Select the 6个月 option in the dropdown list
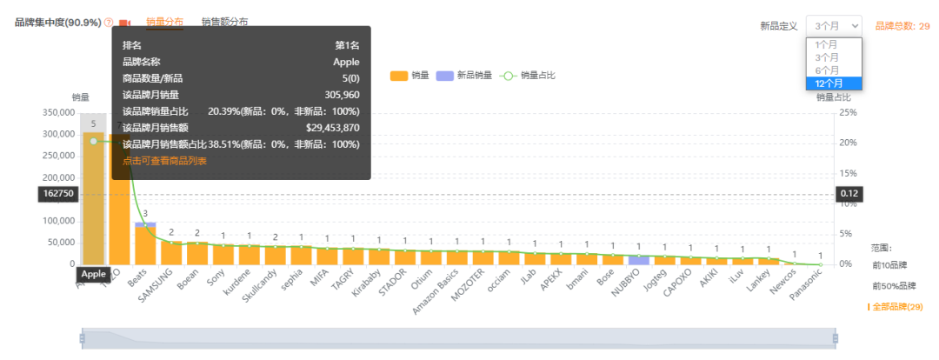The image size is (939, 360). (827, 70)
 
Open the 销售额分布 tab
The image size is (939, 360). (224, 22)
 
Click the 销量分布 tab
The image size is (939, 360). (164, 22)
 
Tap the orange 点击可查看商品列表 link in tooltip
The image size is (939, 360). (165, 161)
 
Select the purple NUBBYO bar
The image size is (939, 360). (639, 260)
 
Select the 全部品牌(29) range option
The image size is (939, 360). (896, 307)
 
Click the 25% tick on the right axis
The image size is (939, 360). (847, 113)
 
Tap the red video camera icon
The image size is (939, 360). (125, 23)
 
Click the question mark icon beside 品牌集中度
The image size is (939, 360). (109, 23)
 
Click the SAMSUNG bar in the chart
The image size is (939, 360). (171, 252)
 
